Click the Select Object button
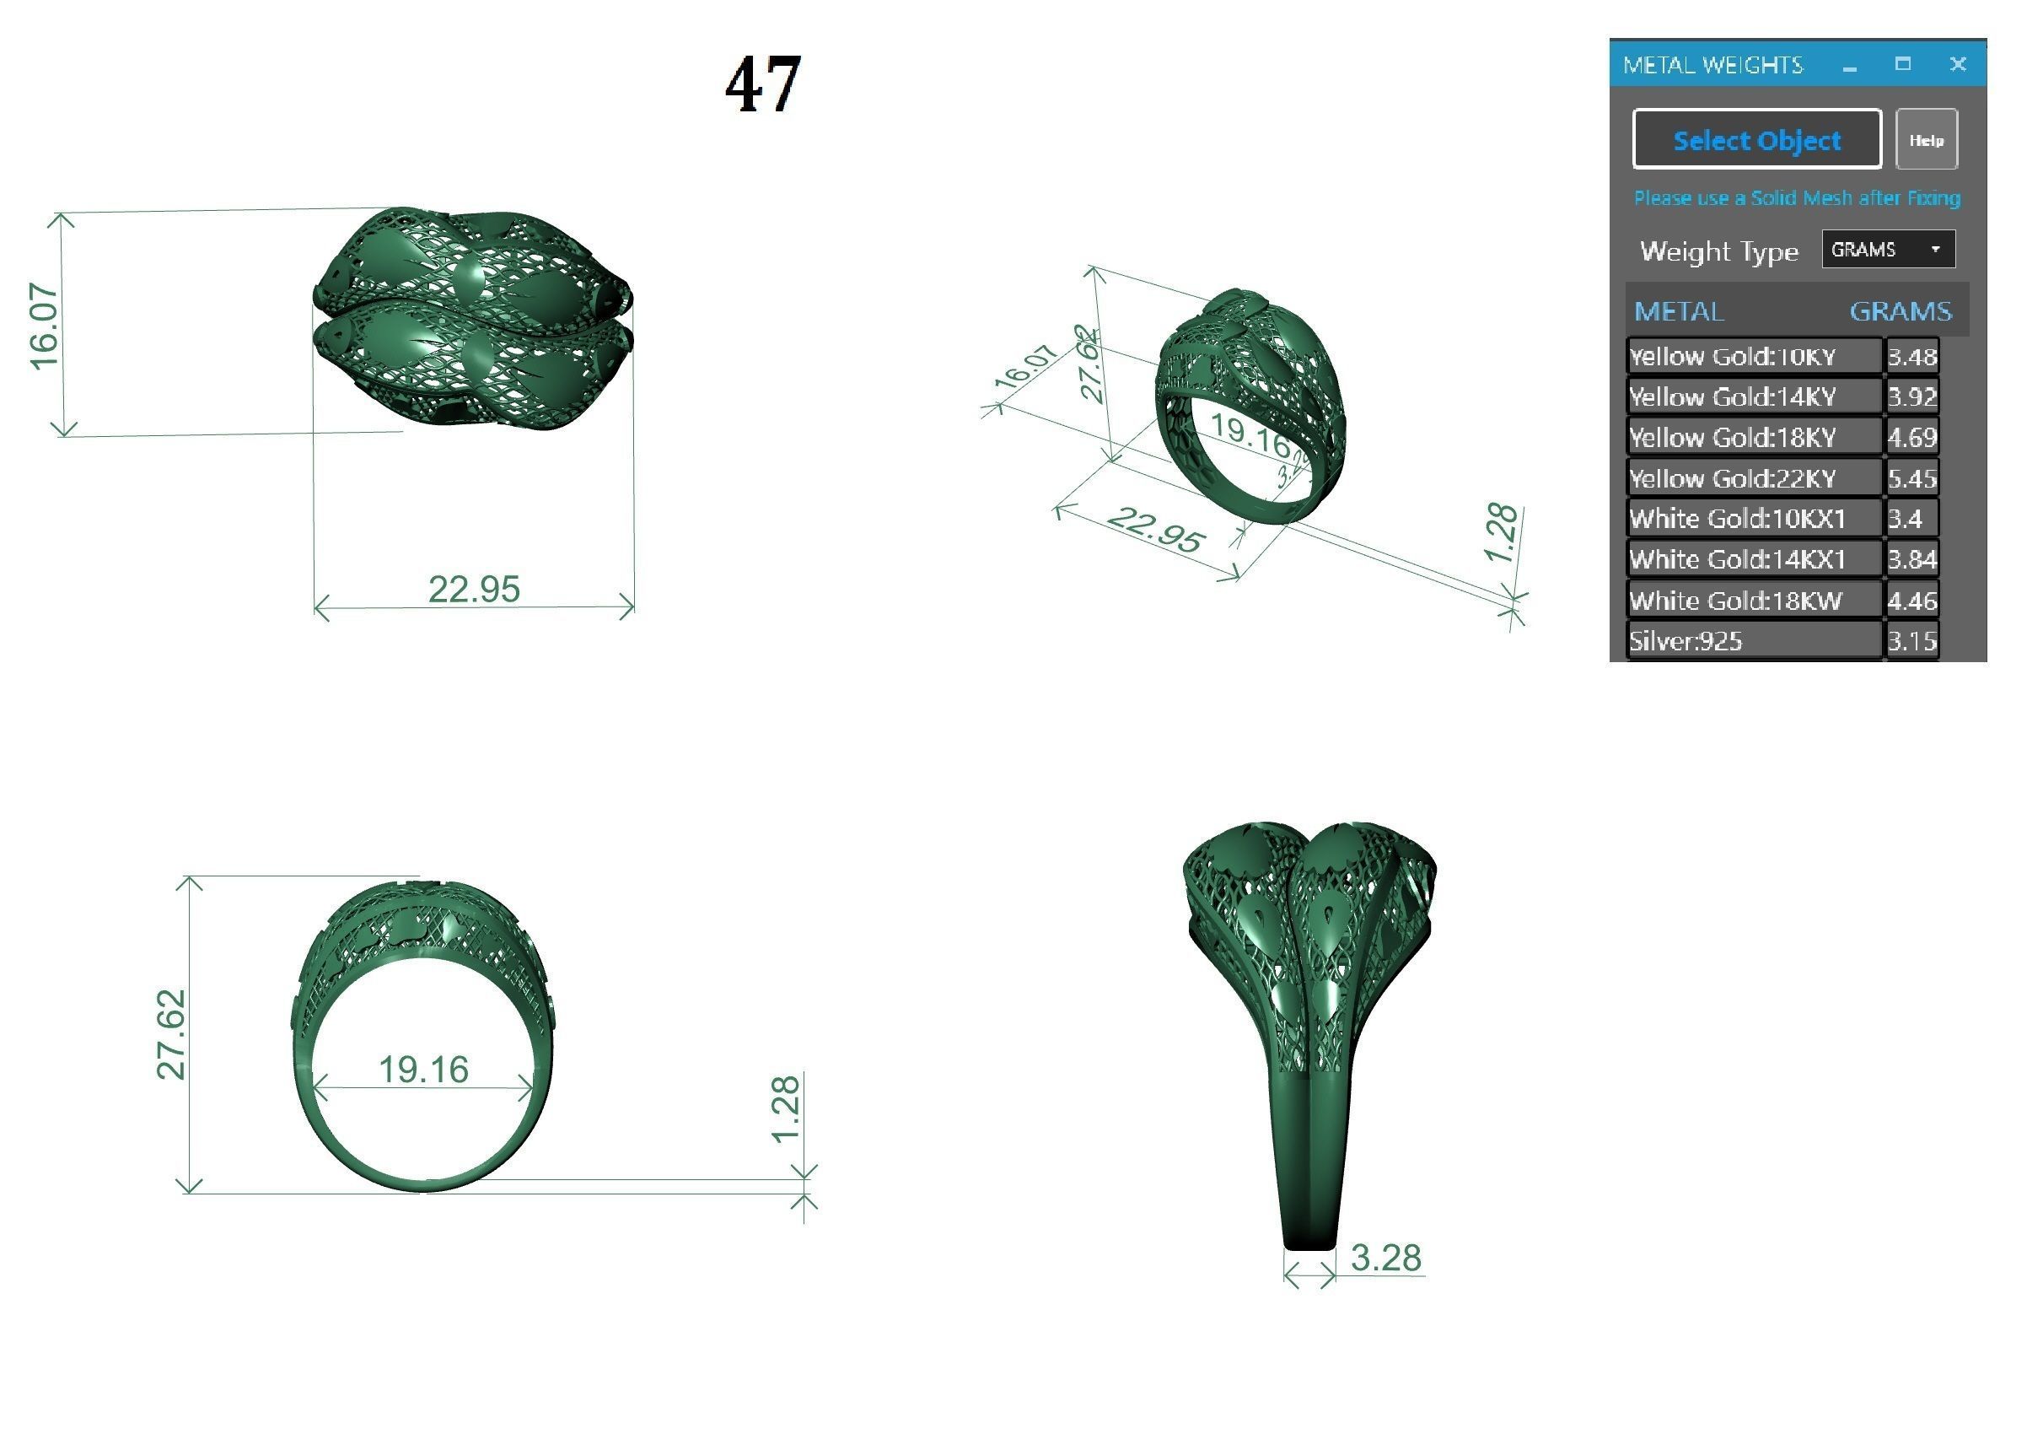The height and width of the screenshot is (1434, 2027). pos(1756,139)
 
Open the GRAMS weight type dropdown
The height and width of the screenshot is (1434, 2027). pos(1888,250)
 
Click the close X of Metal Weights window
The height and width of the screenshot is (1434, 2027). pos(1957,64)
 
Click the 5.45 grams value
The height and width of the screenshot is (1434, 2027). pos(1911,478)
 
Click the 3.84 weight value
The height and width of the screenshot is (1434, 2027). pos(1911,559)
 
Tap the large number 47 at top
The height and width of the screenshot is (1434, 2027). pos(763,84)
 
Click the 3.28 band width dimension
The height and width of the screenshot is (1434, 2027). pos(1385,1258)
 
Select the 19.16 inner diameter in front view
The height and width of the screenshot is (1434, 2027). pos(423,1070)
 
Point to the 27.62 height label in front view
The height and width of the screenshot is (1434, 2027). pos(171,1034)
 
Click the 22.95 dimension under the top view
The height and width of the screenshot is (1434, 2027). pos(474,589)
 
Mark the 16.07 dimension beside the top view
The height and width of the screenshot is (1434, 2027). pos(44,326)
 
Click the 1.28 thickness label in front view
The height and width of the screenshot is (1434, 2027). pos(785,1109)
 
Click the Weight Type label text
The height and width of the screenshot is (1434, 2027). pos(1718,251)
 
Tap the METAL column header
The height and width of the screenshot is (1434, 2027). pos(1678,310)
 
